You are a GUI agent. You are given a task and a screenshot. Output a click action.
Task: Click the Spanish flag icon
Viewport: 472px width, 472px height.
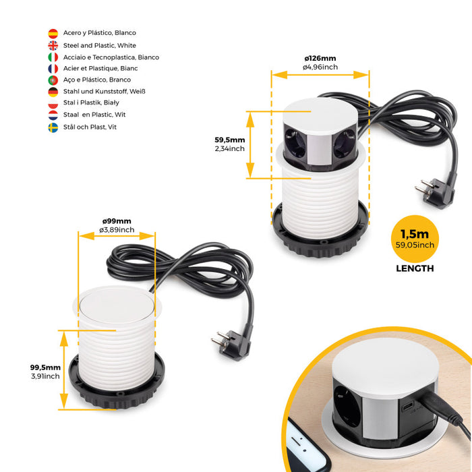pos(53,33)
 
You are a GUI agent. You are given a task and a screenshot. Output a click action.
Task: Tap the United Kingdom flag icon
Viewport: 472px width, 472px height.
pos(53,45)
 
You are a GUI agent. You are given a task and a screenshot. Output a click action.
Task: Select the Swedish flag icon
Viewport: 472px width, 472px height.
pos(53,127)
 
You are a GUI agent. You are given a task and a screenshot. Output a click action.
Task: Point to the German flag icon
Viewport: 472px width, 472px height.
pos(53,92)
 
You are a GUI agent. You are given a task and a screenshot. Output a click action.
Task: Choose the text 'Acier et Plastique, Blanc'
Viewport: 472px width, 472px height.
pos(100,69)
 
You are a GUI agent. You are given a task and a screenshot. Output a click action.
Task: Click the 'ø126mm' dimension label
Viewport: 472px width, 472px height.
pos(320,59)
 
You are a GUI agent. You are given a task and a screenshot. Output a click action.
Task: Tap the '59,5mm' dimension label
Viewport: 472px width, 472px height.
pos(229,140)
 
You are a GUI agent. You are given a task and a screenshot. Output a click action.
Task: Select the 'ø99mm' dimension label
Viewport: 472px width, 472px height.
pos(117,221)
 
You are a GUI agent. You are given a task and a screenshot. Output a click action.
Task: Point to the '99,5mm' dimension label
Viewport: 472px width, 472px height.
pos(45,367)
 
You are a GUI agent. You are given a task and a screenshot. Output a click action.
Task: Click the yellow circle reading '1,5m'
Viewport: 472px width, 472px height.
pos(415,239)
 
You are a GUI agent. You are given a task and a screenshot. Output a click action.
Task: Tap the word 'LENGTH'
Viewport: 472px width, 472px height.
pos(415,268)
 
